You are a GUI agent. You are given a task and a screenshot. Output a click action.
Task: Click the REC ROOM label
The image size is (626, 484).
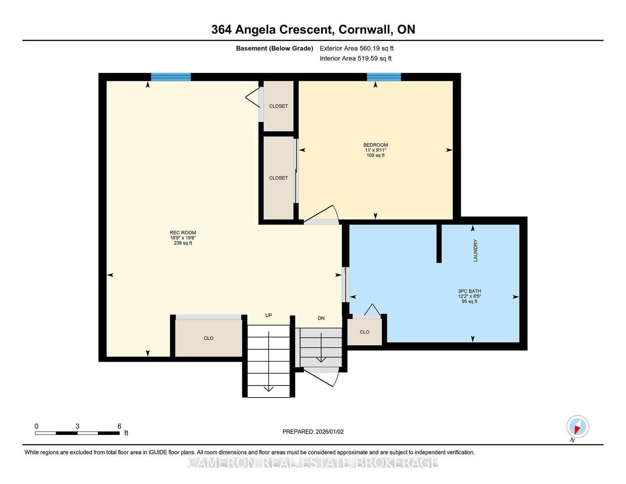(x=183, y=232)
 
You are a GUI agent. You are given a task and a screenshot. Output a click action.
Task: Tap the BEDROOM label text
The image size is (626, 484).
(x=375, y=145)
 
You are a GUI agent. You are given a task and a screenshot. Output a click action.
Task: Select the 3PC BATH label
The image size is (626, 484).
(x=469, y=291)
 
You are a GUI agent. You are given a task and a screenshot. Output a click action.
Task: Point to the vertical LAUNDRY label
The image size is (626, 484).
(x=475, y=250)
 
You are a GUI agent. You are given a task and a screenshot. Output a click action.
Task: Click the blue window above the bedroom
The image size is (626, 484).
(x=384, y=77)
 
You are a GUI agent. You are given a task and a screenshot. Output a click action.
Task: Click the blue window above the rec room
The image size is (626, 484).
(x=171, y=77)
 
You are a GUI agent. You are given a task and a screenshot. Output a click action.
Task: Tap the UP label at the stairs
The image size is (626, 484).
(x=268, y=315)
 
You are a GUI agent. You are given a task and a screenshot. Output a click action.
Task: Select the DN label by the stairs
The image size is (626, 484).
(x=321, y=318)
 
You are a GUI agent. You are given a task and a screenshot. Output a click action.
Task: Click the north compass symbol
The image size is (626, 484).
(x=577, y=426)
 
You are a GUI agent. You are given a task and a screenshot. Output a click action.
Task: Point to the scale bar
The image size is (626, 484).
(x=77, y=433)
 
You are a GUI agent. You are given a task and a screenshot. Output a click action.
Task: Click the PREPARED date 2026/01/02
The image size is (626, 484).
(x=329, y=432)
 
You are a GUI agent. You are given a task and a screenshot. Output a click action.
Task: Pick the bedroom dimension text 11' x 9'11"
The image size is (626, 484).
(x=375, y=150)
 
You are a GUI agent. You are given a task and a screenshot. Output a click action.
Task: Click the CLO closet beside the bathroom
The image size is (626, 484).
(x=364, y=332)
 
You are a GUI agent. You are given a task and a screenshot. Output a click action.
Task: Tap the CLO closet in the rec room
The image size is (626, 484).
(x=209, y=338)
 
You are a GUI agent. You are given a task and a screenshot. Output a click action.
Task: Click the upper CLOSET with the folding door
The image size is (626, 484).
(x=279, y=106)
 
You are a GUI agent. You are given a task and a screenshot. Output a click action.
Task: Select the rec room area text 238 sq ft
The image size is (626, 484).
(x=183, y=243)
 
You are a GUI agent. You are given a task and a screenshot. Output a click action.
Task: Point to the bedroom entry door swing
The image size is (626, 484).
(x=321, y=214)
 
